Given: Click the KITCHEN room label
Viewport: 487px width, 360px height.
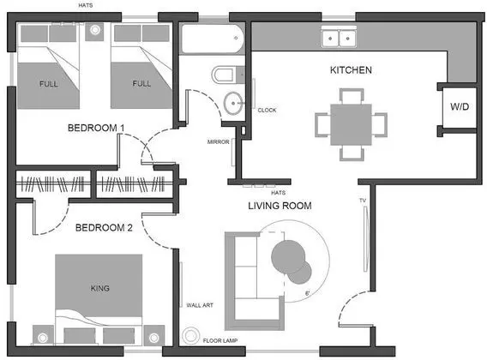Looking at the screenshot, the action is (351, 70).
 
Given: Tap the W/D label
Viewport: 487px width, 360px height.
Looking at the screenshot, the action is (460, 106).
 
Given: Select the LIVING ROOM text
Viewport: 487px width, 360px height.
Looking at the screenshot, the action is (280, 206).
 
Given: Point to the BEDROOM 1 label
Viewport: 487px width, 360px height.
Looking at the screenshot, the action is (96, 128).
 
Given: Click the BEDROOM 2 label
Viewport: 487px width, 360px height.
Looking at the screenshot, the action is (104, 228).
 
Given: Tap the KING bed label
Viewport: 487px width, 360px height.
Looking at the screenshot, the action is (100, 288).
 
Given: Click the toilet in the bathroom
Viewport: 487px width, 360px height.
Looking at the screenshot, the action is (228, 75).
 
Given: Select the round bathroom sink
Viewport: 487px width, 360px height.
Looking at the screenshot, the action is (233, 103).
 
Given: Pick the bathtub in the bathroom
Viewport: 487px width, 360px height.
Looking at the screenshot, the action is (213, 39).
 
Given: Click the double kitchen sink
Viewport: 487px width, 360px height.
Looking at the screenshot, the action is (339, 39).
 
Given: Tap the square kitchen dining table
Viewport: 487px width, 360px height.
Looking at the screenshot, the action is (351, 124).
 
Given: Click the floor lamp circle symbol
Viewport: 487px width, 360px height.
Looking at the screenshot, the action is (190, 336).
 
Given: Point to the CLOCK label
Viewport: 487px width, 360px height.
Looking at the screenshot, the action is (267, 110).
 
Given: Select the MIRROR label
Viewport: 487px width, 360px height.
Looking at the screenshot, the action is (219, 142).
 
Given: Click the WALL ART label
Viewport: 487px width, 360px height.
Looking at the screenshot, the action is (200, 305).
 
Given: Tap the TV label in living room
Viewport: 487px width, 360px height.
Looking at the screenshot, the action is (363, 201).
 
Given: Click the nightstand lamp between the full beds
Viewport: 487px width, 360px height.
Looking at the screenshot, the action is (94, 30).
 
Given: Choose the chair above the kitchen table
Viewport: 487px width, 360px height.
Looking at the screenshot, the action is (352, 96).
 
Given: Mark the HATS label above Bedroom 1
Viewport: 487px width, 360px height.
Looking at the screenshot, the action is (86, 5).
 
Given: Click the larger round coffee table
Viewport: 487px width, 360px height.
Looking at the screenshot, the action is (288, 256).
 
